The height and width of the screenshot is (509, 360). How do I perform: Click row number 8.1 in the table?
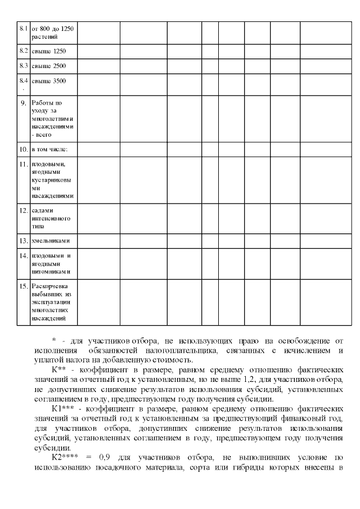point(23,28)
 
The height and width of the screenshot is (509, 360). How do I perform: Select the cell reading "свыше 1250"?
point(48,51)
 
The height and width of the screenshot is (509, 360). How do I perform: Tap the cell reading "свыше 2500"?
point(48,66)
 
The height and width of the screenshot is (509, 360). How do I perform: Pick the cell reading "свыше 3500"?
point(48,81)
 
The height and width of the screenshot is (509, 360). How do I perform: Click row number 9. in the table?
point(23,103)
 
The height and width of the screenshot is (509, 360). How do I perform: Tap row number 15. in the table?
point(23,286)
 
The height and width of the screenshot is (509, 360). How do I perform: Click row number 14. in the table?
point(23,256)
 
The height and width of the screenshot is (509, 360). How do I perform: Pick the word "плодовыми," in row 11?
point(48,164)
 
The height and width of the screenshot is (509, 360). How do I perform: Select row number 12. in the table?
point(23,210)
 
